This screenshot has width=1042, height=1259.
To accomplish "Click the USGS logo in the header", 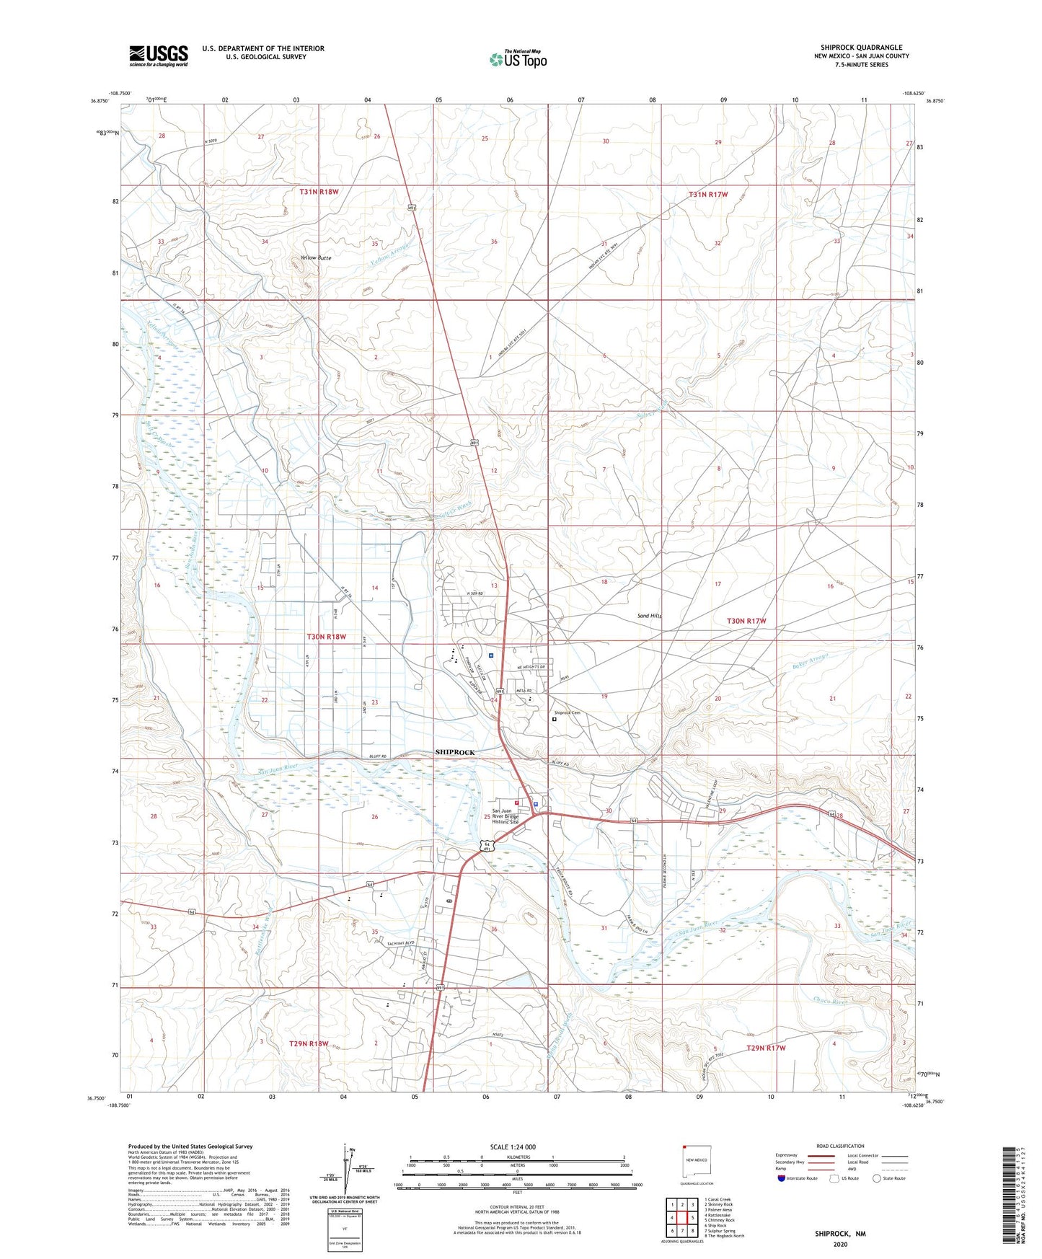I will pos(159,56).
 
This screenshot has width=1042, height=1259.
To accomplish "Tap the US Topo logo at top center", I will pos(517,59).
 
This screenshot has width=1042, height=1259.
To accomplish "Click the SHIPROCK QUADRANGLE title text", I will pos(861,48).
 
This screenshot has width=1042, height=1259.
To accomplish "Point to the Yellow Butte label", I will pos(316,257).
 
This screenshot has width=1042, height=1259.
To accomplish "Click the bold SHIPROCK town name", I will pos(455,752).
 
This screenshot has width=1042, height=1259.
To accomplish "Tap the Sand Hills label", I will pos(649,616).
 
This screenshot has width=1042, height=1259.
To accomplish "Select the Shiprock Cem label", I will pos(567,712).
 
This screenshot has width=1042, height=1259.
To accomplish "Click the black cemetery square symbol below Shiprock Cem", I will pos(554,719).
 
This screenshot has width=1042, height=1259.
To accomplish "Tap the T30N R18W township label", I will pos(327,637).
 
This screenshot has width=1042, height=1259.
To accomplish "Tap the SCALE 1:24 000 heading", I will pos(508,1147).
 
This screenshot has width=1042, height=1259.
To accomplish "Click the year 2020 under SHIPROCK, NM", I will pos(840,1245).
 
